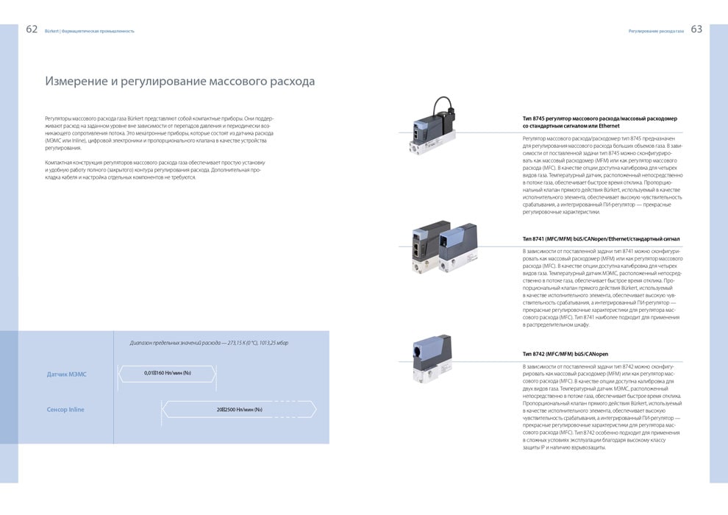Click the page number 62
coord(32,29)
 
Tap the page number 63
coord(696,29)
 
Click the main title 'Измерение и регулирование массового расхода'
coord(180,81)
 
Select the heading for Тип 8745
coord(599,122)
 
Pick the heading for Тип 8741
coord(601,238)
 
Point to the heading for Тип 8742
coord(565,354)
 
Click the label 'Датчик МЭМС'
coord(67,374)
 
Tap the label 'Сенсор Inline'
coord(65,409)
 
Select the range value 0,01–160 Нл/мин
coord(168,374)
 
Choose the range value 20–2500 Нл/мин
coord(239,409)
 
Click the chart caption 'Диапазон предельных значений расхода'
coord(209,343)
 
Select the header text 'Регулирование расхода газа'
coord(656,31)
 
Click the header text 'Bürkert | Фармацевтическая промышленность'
coord(90,31)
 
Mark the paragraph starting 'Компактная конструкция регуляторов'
coord(155,169)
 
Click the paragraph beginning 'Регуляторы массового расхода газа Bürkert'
coord(159,132)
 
